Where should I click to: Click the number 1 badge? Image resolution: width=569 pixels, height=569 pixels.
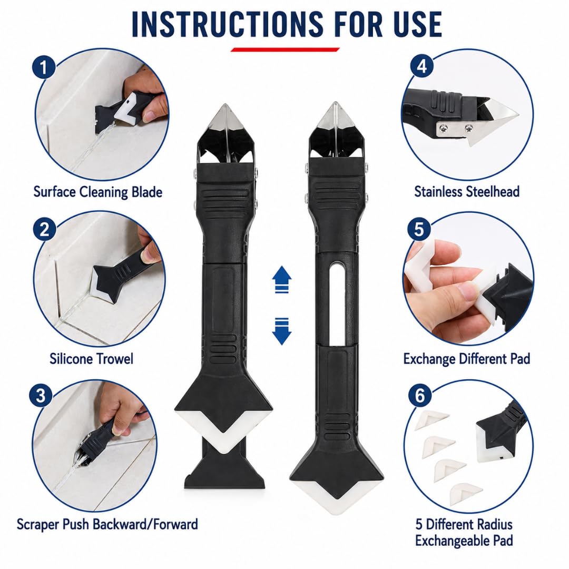coord(44,67)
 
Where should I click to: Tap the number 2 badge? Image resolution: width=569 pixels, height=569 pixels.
coord(44,229)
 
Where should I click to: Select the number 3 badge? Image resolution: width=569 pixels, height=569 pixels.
coord(41,395)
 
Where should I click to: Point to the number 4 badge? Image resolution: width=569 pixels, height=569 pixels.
coord(422,66)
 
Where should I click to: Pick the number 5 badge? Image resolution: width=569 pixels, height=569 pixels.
coord(419,229)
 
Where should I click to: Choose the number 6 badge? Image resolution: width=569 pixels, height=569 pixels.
coord(420,395)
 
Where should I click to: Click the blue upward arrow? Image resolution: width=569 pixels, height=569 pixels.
coord(281,279)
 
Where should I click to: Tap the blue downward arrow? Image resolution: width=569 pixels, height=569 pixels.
coord(281,331)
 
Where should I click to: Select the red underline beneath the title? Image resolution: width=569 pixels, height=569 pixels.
coord(285,50)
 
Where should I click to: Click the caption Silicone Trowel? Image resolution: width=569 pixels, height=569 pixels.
coord(92,359)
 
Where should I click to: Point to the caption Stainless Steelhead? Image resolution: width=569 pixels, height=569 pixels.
coord(467,192)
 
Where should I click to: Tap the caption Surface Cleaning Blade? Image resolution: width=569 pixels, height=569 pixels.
coord(98,192)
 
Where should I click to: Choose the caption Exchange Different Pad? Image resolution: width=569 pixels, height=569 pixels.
coord(467,359)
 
